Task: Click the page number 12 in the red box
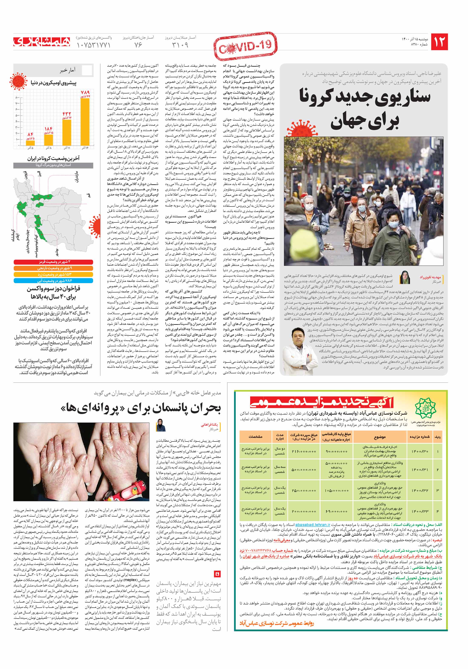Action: pyautogui.click(x=439, y=42)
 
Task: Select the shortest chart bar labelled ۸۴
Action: pyautogui.click(x=30, y=143)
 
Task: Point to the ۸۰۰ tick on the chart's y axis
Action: pyautogui.click(x=17, y=97)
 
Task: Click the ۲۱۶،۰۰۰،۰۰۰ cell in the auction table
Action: pyautogui.click(x=304, y=451)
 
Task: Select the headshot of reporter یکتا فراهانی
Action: pyautogui.click(x=161, y=425)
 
